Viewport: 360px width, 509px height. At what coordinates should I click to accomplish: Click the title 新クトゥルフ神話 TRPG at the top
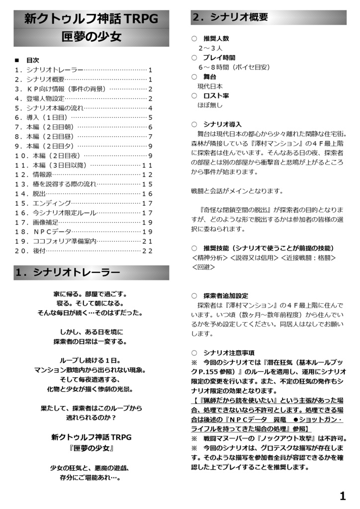[91, 19]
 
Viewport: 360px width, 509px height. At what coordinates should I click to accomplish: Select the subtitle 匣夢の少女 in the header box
[91, 37]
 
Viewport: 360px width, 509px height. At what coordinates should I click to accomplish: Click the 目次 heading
[32, 60]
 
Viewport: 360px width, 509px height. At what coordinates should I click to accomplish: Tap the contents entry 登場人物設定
[45, 98]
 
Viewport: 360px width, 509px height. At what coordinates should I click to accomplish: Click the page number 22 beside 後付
[147, 251]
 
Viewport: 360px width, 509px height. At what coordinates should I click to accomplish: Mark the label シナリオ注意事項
[228, 353]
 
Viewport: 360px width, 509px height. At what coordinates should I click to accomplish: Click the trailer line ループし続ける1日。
[90, 360]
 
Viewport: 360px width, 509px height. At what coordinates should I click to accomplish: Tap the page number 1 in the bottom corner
[342, 496]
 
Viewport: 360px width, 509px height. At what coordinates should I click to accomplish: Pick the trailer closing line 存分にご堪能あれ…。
[90, 478]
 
